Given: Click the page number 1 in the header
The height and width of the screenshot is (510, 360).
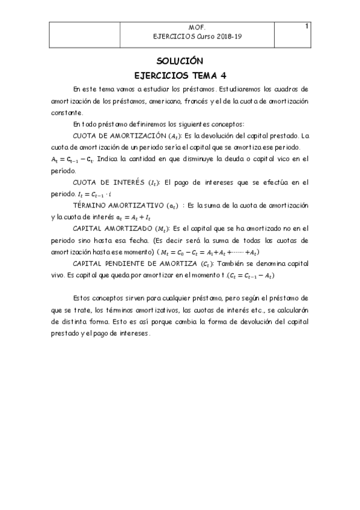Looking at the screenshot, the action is pyautogui.click(x=307, y=26).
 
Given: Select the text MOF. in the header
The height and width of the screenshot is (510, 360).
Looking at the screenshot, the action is pyautogui.click(x=197, y=28).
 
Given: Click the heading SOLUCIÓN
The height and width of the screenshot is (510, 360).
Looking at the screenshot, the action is pyautogui.click(x=180, y=61).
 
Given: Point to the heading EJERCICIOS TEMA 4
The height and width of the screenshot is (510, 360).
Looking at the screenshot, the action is pyautogui.click(x=180, y=75).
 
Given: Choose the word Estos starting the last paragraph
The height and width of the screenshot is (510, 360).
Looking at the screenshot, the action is pyautogui.click(x=82, y=298).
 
